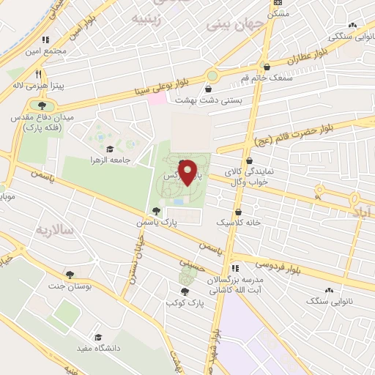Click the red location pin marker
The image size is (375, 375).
click(188, 172)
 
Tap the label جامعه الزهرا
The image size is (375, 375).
click(110, 159)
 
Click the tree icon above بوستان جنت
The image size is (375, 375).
click(70, 275)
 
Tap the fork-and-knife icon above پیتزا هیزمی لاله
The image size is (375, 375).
click(37, 74)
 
